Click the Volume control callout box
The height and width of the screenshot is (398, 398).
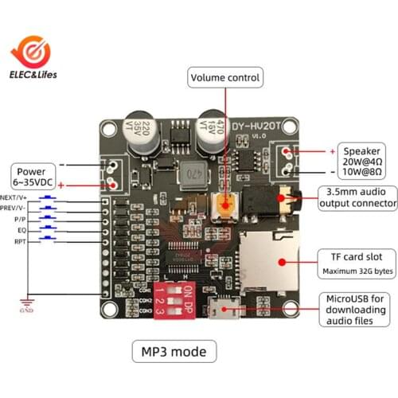(x=226, y=77)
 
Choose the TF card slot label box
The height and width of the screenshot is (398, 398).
(x=357, y=263)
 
